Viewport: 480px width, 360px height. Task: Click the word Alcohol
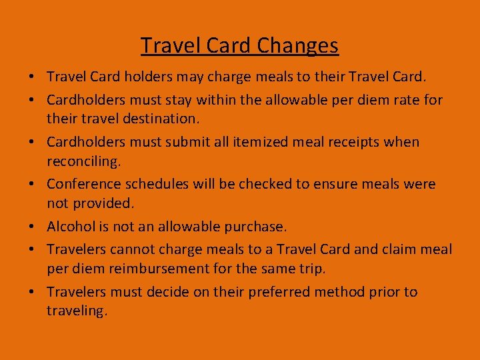[x=71, y=227]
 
